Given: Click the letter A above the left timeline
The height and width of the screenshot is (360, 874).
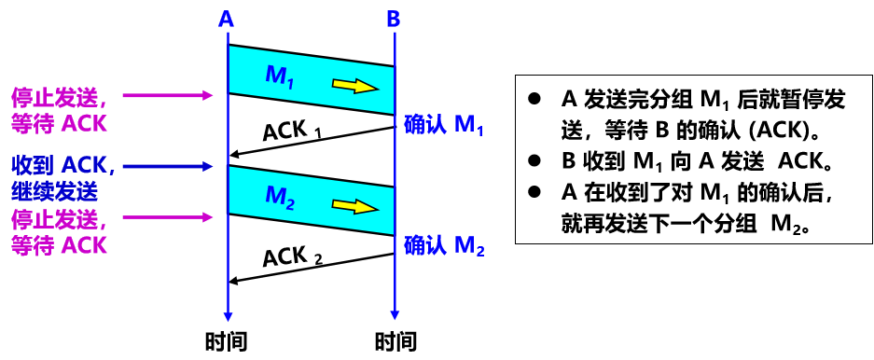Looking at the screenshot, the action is point(227,19).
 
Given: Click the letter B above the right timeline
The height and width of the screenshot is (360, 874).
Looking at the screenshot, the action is point(394,19).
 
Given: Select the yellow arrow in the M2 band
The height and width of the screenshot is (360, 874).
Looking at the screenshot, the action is point(355,205).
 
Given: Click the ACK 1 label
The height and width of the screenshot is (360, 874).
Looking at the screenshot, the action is point(292,131).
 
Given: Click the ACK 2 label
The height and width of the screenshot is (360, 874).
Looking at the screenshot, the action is point(292,256).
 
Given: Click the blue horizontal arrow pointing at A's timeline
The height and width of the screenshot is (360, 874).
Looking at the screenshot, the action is point(168,166).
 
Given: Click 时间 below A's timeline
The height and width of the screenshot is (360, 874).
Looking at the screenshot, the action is point(226,340).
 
